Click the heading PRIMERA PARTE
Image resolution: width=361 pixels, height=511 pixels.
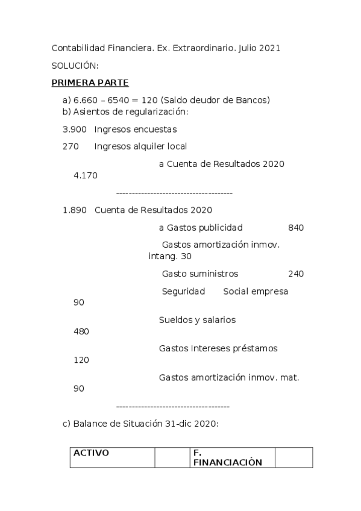pos(90,83)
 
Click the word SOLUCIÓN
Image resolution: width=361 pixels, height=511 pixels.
pos(75,65)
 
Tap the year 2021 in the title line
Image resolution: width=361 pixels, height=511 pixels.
pos(269,48)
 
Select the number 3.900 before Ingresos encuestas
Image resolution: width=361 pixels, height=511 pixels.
pos(74,130)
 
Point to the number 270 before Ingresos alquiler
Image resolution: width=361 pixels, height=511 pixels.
pos(70,146)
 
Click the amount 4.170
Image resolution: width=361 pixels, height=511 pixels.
pos(85,175)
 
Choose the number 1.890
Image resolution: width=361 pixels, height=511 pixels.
pos(74,210)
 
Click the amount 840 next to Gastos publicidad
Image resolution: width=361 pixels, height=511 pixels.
pos(296,228)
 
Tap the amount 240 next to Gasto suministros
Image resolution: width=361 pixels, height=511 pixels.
pos(296,274)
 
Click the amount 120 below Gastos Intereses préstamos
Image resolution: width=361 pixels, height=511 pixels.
pos(81,360)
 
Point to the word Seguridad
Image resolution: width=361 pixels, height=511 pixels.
pos(183,292)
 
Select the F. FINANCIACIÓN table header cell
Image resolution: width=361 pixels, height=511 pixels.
pos(232,457)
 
